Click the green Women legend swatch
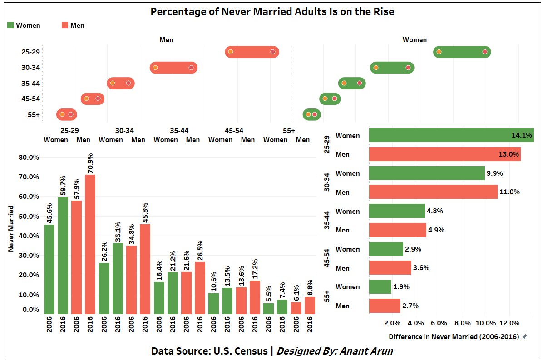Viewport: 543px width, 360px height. [10, 25]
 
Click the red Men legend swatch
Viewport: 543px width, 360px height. [65, 25]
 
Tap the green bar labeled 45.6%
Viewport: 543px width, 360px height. [49, 269]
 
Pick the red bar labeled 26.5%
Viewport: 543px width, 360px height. [200, 288]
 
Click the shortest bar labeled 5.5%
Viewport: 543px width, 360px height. [268, 308]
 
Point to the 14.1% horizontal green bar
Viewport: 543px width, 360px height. [451, 135]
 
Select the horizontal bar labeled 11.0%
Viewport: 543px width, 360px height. [433, 192]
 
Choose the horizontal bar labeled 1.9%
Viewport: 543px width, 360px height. [380, 287]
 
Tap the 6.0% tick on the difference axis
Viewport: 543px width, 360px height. [439, 323]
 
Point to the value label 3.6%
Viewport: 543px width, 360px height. [421, 268]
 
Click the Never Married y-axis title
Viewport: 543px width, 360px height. [11, 228]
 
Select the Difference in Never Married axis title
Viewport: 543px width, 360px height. [454, 336]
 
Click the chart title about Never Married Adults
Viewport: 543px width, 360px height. [272, 11]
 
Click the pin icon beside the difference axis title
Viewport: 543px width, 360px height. [524, 336]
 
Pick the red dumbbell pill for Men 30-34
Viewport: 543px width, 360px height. [173, 68]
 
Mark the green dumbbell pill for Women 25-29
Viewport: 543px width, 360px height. [462, 52]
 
